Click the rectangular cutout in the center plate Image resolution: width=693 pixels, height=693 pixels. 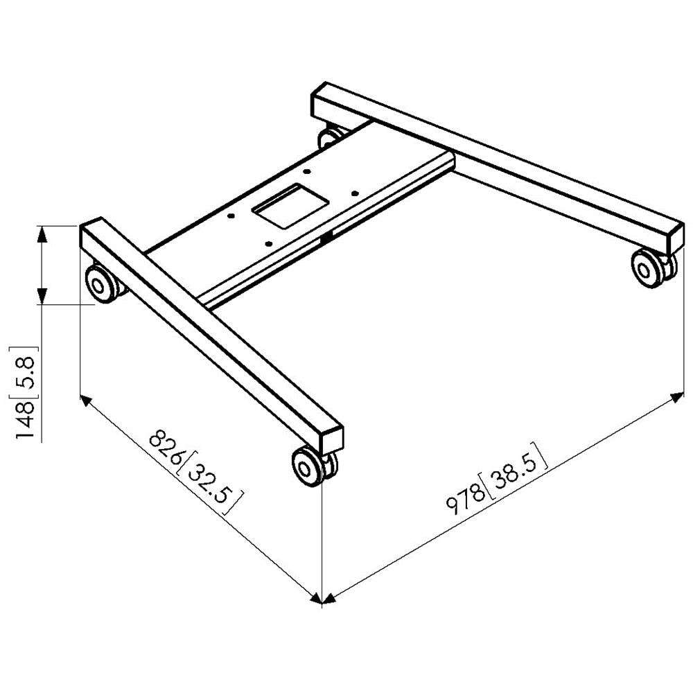[x=289, y=206]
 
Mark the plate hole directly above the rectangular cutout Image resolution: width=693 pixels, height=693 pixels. [x=308, y=171]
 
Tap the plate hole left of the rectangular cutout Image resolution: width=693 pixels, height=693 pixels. [x=231, y=215]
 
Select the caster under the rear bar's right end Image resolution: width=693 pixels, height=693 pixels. [x=649, y=267]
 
